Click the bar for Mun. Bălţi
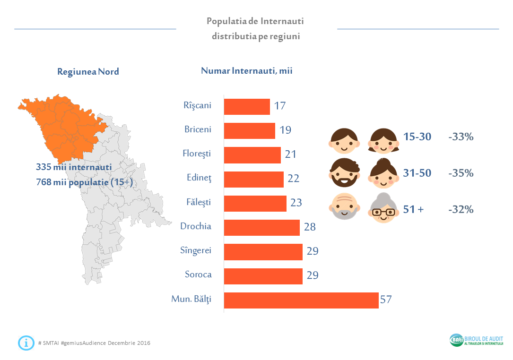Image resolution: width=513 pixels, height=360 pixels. pyautogui.click(x=301, y=300)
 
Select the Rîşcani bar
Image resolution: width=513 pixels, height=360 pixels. pyautogui.click(x=246, y=106)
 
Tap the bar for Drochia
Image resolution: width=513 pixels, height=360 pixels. pyautogui.click(x=261, y=228)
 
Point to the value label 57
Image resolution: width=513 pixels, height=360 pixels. pyautogui.click(x=386, y=300)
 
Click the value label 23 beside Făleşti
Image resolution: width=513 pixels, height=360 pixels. pyautogui.click(x=296, y=203)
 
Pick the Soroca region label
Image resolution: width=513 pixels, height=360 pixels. pyautogui.click(x=198, y=274)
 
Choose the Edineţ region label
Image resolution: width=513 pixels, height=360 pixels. pyautogui.click(x=199, y=178)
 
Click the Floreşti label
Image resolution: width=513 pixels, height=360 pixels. pyautogui.click(x=197, y=153)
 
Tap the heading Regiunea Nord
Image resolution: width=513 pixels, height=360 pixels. pyautogui.click(x=88, y=72)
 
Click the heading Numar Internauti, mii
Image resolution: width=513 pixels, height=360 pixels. pyautogui.click(x=247, y=71)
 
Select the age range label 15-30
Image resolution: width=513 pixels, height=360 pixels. pyautogui.click(x=417, y=137)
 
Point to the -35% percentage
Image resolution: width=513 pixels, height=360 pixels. pyautogui.click(x=461, y=173)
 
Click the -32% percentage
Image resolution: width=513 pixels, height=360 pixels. pyautogui.click(x=461, y=209)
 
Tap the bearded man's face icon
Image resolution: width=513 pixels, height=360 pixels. pyautogui.click(x=344, y=173)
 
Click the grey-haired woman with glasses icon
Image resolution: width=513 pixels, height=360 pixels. pyautogui.click(x=383, y=208)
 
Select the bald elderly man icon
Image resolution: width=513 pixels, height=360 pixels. pyautogui.click(x=344, y=208)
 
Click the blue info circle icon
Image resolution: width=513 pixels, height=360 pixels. pyautogui.click(x=26, y=343)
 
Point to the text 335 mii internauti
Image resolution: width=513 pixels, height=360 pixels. pyautogui.click(x=74, y=167)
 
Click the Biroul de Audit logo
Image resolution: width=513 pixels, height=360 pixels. pyautogui.click(x=476, y=340)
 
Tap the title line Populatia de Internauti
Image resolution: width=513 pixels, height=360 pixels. pyautogui.click(x=255, y=21)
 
